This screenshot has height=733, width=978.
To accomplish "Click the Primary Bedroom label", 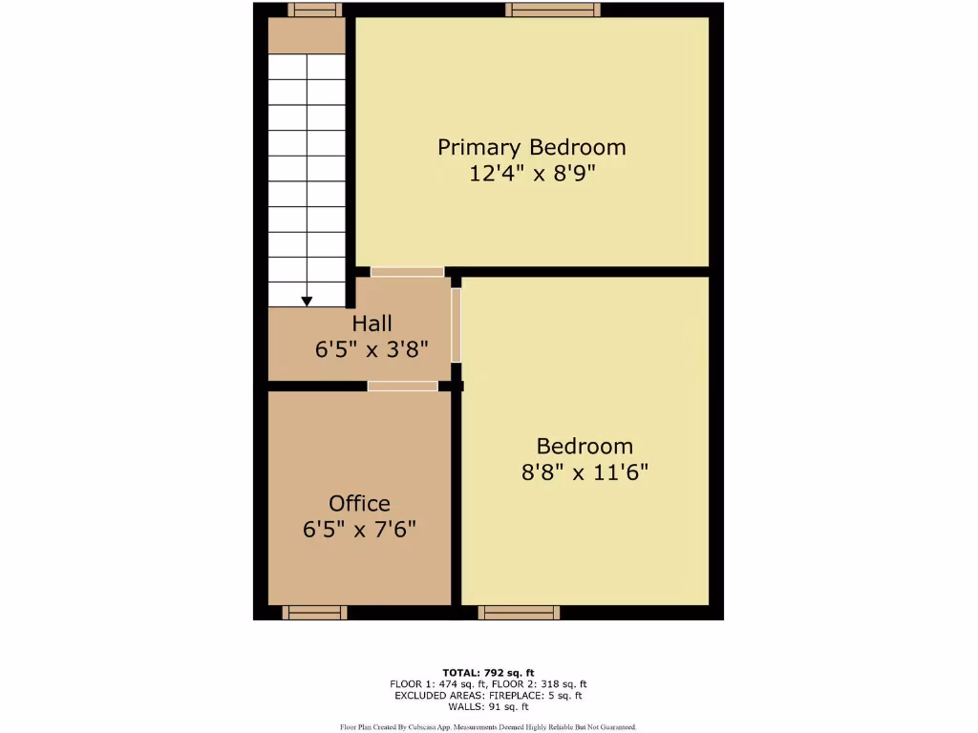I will [531, 147].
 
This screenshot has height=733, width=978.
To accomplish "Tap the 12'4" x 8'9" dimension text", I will [531, 174].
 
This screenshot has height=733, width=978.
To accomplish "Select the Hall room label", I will [372, 324].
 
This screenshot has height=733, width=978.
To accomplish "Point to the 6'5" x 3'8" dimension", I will [372, 349].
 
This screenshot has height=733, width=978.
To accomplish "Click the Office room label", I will [359, 503].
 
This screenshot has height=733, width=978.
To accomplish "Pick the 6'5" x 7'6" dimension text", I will [359, 530].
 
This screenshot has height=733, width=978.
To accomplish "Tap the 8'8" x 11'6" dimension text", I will [585, 472].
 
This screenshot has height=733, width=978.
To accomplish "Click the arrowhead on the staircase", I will [307, 302].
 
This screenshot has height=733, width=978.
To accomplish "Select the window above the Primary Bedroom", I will [553, 10].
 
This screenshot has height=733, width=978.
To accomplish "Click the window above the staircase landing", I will [314, 10].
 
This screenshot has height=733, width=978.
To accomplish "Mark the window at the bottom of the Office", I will [314, 612].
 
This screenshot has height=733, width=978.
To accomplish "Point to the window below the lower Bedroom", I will [519, 612].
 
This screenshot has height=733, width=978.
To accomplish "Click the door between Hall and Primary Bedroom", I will [407, 272].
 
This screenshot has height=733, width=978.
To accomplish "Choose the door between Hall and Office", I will [403, 386].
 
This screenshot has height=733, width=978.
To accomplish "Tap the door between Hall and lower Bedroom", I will [456, 325].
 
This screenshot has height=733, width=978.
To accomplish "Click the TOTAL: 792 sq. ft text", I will [487, 672].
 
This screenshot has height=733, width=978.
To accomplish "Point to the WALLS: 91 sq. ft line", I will [488, 706].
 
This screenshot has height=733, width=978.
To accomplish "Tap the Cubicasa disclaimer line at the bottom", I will [488, 727].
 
